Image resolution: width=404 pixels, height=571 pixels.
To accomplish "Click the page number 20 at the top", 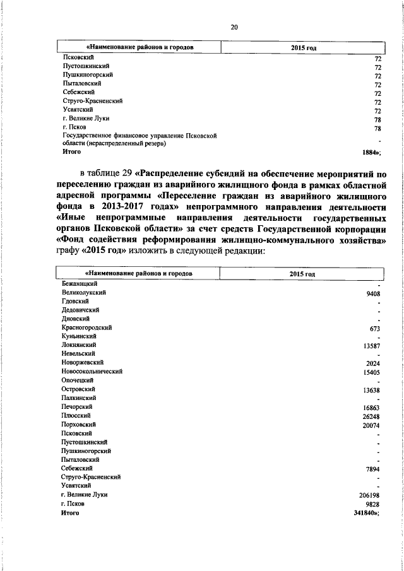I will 234,27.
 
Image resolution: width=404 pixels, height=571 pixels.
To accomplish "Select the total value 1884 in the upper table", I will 369,152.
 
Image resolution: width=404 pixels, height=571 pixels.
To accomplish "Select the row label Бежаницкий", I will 79,285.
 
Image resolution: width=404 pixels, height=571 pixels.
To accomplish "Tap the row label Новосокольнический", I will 92,372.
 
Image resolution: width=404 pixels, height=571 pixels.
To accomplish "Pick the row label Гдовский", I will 75,302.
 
